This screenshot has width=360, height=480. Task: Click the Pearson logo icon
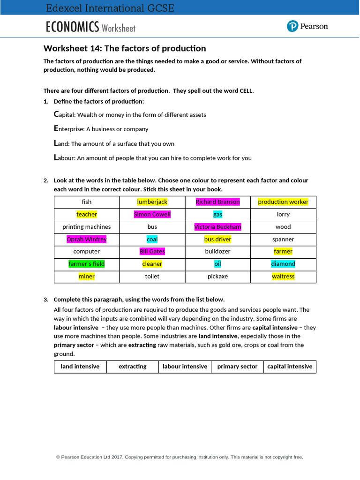click(x=292, y=26)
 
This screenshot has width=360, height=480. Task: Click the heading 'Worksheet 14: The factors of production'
click(x=125, y=48)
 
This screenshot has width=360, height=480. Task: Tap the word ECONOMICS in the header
click(x=72, y=27)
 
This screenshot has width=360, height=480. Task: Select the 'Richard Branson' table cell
click(x=217, y=202)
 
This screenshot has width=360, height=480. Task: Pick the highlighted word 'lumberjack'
click(x=152, y=202)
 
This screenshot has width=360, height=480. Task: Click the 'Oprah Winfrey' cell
click(x=87, y=239)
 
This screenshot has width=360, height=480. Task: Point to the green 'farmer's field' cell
click(x=87, y=264)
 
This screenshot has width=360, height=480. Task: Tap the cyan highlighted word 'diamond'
click(x=283, y=264)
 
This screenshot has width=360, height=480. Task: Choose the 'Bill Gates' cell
click(x=152, y=252)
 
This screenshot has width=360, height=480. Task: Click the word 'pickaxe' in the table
click(x=217, y=277)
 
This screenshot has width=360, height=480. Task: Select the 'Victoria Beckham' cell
click(x=217, y=227)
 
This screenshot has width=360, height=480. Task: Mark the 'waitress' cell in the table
click(x=283, y=277)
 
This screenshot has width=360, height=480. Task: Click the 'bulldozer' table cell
click(x=217, y=252)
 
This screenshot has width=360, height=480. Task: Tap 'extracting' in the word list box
click(x=133, y=367)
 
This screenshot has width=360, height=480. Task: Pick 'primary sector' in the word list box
click(x=237, y=367)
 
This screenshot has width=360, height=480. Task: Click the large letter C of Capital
click(x=57, y=114)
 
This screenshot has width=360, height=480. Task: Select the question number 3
click(x=46, y=300)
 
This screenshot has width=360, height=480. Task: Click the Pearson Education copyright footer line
click(x=180, y=457)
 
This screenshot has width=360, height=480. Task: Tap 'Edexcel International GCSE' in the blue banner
click(x=110, y=8)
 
